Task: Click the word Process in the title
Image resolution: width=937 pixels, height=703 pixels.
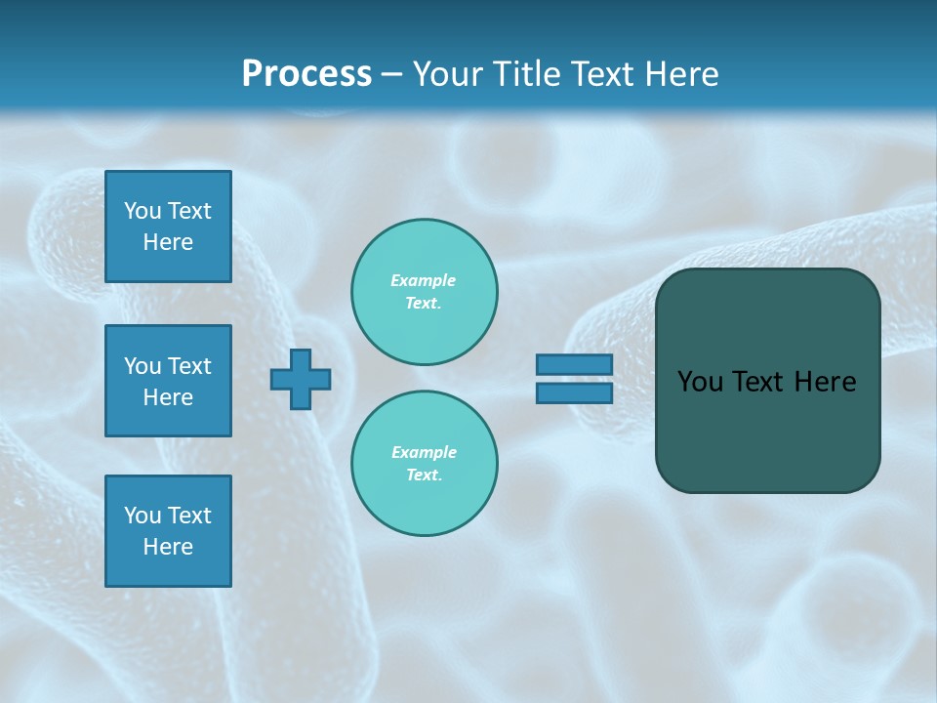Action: coord(306,74)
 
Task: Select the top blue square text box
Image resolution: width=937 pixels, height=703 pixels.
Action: coord(168,227)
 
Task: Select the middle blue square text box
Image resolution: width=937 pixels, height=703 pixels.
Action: coord(168,381)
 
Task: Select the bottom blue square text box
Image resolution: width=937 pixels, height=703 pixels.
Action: coord(168,531)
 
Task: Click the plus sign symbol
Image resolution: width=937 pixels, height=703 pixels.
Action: coord(301,379)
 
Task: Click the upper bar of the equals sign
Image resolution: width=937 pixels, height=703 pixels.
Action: coord(574,364)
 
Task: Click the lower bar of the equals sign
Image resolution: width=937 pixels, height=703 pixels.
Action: coord(574,393)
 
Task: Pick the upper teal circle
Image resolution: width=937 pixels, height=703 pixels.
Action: coord(425,292)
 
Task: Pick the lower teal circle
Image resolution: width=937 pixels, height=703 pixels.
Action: coord(425,464)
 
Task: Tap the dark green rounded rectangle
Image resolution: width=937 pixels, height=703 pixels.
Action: coord(767,381)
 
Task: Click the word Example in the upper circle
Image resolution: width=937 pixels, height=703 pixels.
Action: coord(423,280)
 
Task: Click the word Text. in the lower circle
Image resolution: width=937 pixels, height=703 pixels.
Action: coord(424,476)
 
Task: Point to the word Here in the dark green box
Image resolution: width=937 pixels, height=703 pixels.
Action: coord(825,382)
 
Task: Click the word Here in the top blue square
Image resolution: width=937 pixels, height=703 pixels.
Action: coord(168,242)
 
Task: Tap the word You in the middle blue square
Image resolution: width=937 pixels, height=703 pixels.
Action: coord(143,366)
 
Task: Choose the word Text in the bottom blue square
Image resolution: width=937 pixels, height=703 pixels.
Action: coord(189,516)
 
